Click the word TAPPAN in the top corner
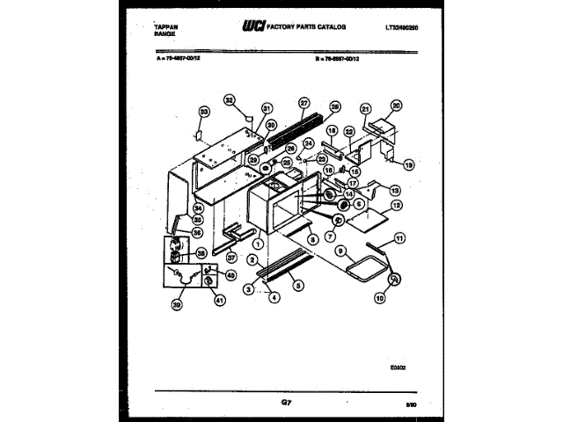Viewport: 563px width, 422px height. tap(154, 26)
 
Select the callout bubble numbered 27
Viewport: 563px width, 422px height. tap(303, 102)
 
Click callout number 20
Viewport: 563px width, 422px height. tap(396, 105)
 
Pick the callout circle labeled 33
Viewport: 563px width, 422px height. tap(204, 113)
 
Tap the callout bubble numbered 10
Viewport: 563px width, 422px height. tap(381, 298)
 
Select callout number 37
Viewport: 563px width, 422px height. tap(231, 258)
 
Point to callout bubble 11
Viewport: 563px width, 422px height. tap(400, 238)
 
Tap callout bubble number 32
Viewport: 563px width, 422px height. tap(230, 99)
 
